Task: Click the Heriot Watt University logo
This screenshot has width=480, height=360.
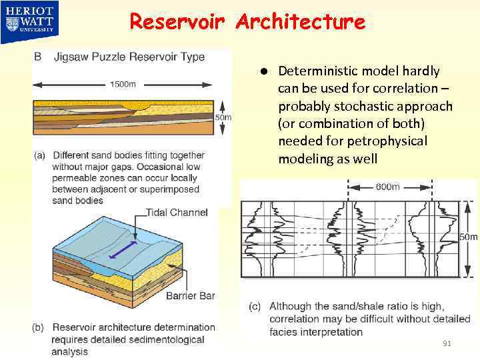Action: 31,19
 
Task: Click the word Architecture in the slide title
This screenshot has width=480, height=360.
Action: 300,22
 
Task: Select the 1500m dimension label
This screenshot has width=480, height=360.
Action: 123,83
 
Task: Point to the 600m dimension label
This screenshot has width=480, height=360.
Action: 387,187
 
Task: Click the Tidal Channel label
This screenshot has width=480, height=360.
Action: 177,213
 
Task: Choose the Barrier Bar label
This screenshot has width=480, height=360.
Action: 190,295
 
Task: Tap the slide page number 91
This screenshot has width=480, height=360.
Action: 447,343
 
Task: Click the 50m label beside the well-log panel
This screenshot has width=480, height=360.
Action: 469,237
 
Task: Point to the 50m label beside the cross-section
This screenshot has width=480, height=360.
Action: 223,117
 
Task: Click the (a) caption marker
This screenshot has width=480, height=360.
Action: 39,155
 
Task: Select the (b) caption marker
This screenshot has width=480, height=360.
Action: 39,327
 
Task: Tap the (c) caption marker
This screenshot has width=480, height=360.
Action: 255,307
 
